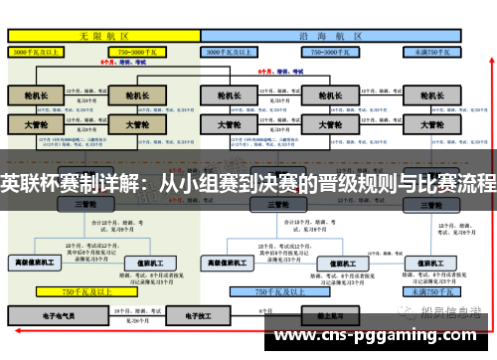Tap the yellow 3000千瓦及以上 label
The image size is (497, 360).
pyautogui.click(x=37, y=51)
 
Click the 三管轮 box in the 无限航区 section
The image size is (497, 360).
pyautogui.click(x=86, y=204)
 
